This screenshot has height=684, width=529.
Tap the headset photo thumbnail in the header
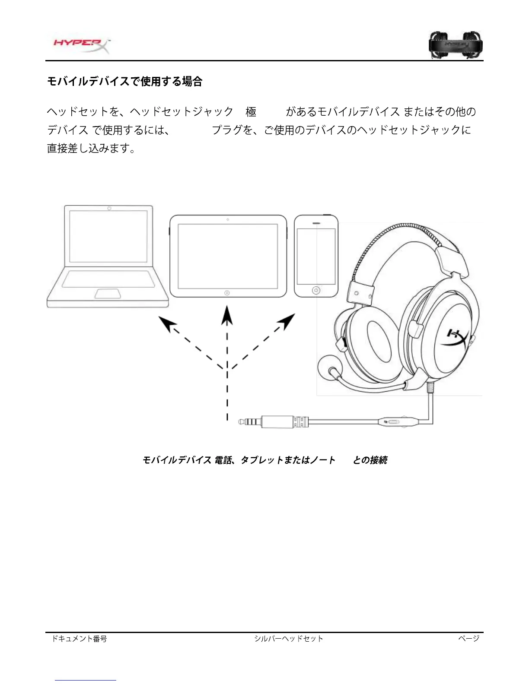point(456,44)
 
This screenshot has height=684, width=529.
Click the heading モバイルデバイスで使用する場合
point(124,81)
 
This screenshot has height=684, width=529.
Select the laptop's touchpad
point(108,294)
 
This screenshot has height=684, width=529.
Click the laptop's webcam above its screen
point(109,209)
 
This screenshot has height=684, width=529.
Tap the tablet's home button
point(227,293)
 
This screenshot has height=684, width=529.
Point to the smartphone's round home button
point(316,290)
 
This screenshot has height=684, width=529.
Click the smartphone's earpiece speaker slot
point(316,224)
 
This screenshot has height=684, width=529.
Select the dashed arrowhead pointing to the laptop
point(166,323)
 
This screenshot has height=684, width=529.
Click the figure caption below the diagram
point(264,460)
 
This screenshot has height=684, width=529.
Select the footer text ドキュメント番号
point(79,639)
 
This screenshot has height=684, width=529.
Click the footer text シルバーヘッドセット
point(288,639)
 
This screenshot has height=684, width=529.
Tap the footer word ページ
point(469,638)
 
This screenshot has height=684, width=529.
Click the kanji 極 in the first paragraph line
point(251,112)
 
